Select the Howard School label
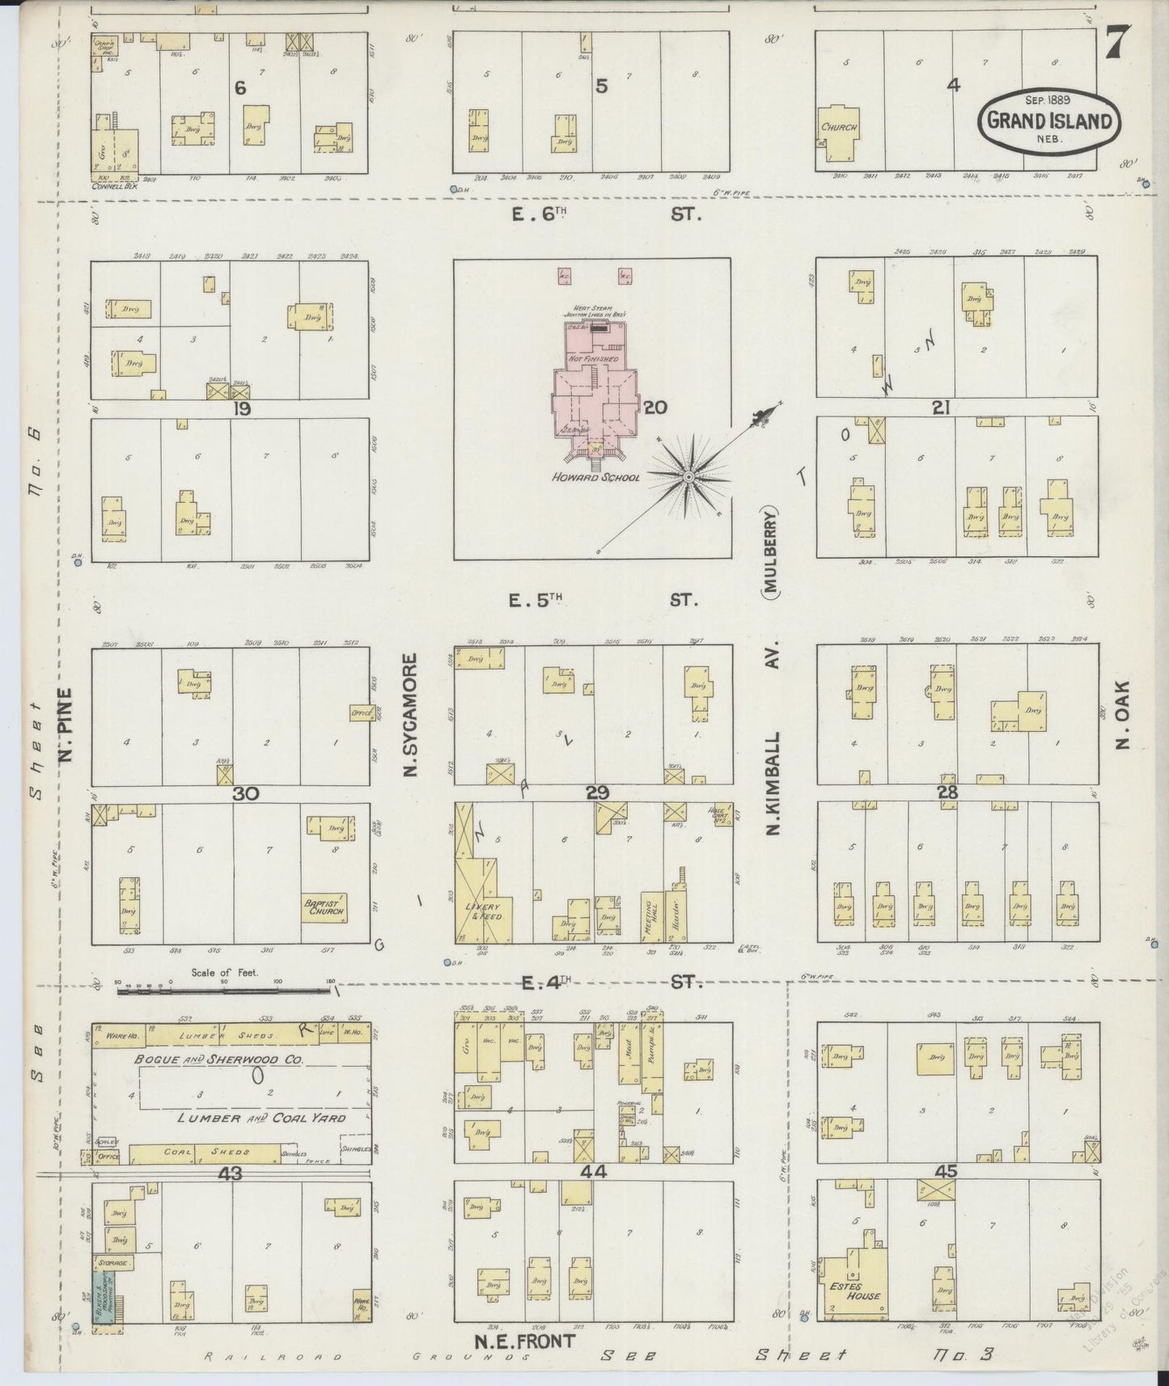click(x=595, y=477)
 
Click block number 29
click(x=597, y=793)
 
